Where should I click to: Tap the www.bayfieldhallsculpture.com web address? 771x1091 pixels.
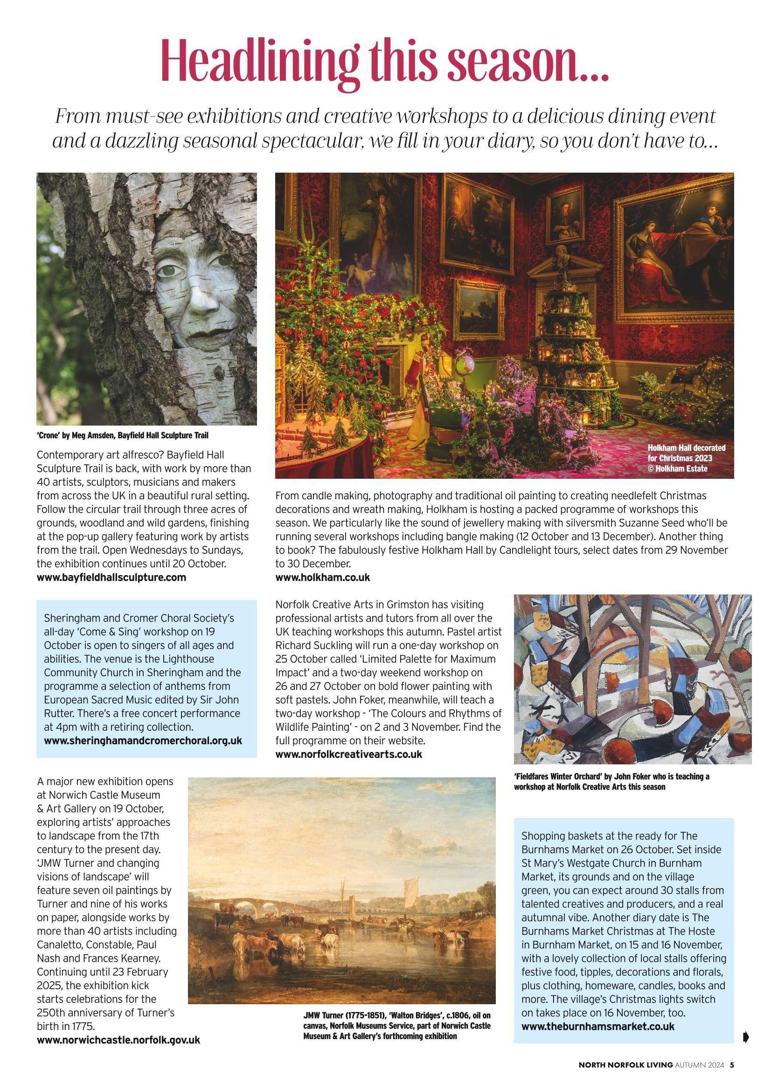111,578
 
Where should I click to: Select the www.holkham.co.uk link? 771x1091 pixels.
323,578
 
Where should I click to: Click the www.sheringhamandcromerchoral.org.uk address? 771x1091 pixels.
143,740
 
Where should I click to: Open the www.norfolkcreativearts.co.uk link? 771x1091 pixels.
349,754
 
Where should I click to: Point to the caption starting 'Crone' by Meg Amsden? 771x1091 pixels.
123,435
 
